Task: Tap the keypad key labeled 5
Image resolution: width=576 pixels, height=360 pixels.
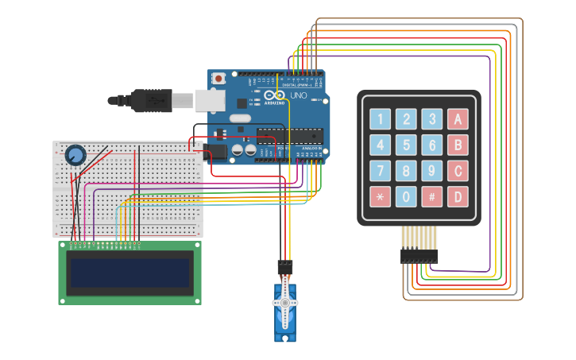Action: pyautogui.click(x=406, y=145)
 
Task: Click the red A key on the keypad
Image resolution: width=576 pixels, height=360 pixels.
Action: pyautogui.click(x=457, y=120)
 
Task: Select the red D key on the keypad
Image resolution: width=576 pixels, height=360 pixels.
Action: pyautogui.click(x=457, y=196)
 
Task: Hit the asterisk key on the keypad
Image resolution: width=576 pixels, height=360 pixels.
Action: pyautogui.click(x=381, y=196)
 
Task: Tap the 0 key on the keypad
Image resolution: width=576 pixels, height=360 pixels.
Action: pyautogui.click(x=406, y=196)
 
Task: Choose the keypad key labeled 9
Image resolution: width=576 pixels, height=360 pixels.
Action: pyautogui.click(x=431, y=171)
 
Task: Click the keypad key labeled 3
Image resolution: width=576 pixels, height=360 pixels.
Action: pyautogui.click(x=431, y=120)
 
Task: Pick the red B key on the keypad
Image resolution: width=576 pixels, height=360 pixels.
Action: pyautogui.click(x=457, y=145)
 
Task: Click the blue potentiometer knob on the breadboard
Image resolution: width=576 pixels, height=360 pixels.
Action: pyautogui.click(x=75, y=155)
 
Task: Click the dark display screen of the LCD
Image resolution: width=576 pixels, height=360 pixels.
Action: pyautogui.click(x=130, y=273)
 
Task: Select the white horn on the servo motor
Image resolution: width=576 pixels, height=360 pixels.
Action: pyautogui.click(x=285, y=304)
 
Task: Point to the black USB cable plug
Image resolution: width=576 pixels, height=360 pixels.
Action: pyautogui.click(x=151, y=100)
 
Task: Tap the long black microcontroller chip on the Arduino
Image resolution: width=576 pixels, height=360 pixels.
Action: pyautogui.click(x=290, y=136)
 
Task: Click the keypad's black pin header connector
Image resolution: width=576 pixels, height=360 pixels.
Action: pyautogui.click(x=419, y=256)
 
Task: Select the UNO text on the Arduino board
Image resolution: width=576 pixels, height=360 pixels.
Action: pyautogui.click(x=298, y=95)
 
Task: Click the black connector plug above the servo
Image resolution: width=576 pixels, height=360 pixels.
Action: pyautogui.click(x=284, y=267)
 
